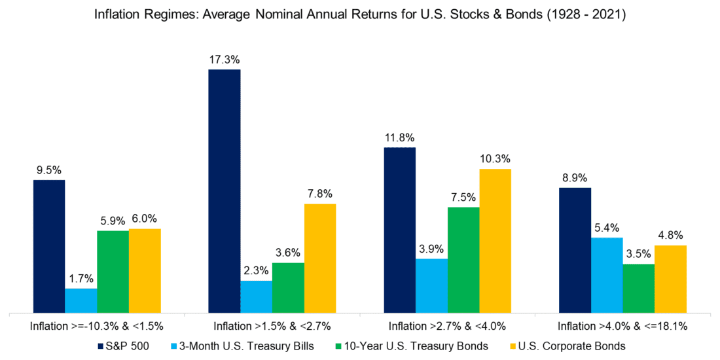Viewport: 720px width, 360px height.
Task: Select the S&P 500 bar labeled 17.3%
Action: pyautogui.click(x=225, y=190)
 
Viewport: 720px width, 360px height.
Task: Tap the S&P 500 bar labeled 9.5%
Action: pyautogui.click(x=49, y=246)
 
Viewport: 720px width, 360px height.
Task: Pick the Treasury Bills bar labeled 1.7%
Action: pyautogui.click(x=81, y=300)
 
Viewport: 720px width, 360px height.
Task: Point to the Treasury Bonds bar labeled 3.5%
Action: pyautogui.click(x=639, y=288)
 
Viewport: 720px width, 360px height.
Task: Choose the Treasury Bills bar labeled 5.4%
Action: pyautogui.click(x=607, y=275)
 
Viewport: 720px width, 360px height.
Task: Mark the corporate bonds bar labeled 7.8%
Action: pyautogui.click(x=320, y=258)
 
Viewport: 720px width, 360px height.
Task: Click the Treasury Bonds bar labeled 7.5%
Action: pyautogui.click(x=463, y=260)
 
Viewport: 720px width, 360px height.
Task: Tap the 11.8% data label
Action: pyautogui.click(x=399, y=138)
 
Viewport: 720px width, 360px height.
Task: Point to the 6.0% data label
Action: pyautogui.click(x=145, y=219)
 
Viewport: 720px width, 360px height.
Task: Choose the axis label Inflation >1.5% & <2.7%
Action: pyautogui.click(x=272, y=325)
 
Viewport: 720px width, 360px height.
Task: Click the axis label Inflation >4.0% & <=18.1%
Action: pyautogui.click(x=622, y=325)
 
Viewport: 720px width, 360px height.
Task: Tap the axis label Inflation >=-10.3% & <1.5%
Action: pyautogui.click(x=97, y=325)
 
